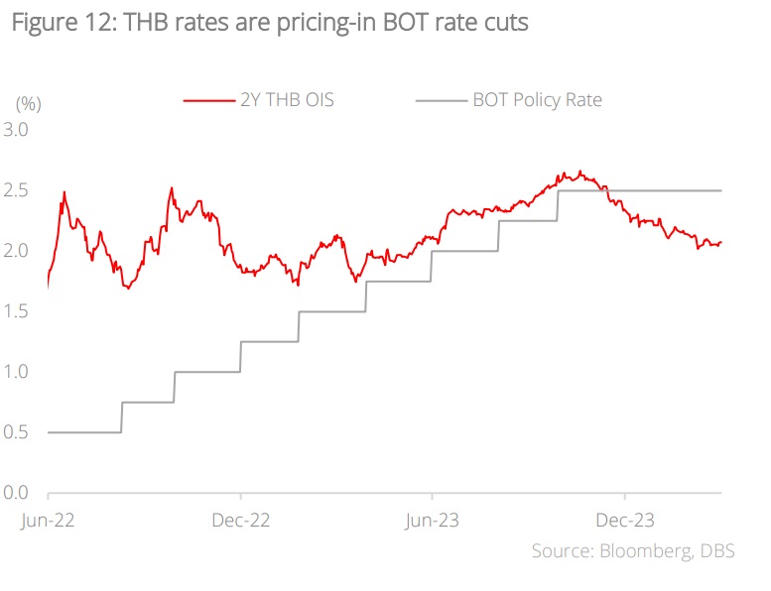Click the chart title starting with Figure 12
click(270, 25)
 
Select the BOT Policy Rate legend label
click(537, 99)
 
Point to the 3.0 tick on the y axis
click(17, 130)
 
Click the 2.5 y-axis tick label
click(17, 190)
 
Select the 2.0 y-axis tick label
click(17, 251)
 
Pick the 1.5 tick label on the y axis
click(17, 311)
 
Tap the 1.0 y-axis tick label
click(17, 372)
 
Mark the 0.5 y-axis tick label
click(17, 432)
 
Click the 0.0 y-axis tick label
click(17, 493)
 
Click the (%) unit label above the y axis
click(28, 102)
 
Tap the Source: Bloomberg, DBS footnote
click(632, 551)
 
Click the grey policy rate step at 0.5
click(84, 432)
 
